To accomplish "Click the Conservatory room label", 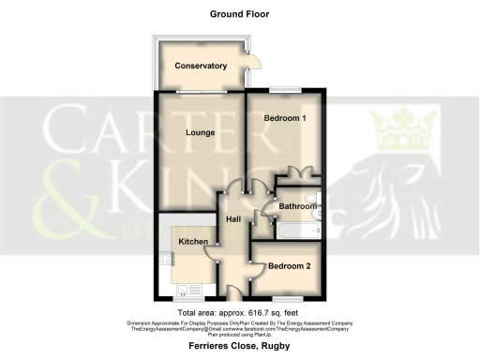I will tap(201, 66).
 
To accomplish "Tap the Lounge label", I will tap(200, 133).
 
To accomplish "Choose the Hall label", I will tap(235, 219).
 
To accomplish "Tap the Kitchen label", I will tap(193, 242).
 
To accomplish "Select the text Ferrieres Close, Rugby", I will tap(239, 348).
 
